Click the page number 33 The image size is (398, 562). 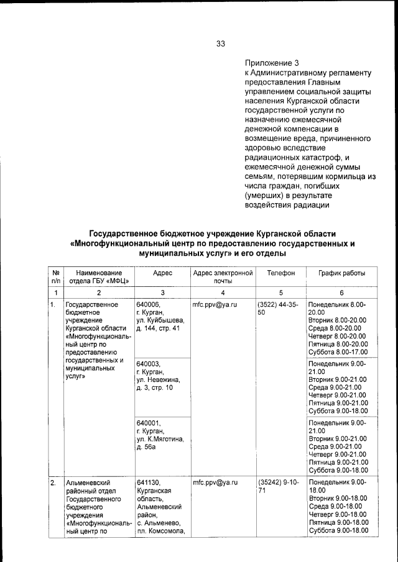click(x=221, y=43)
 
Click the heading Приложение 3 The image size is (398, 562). click(x=272, y=63)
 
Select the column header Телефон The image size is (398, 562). click(x=280, y=273)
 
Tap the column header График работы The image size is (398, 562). click(x=342, y=273)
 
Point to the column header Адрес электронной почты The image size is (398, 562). click(x=223, y=277)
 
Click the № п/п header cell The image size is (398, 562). click(x=56, y=277)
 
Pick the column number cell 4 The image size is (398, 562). click(x=223, y=292)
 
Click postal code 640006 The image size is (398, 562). click(x=149, y=305)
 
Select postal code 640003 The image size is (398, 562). click(x=149, y=364)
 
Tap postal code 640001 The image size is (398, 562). click(x=149, y=423)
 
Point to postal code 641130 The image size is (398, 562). click(x=149, y=483)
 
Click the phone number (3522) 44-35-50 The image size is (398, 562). click(x=277, y=309)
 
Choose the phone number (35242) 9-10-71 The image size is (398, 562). click(x=277, y=486)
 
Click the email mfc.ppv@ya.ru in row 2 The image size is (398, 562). click(x=216, y=483)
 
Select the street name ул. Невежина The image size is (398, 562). click(x=158, y=379)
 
